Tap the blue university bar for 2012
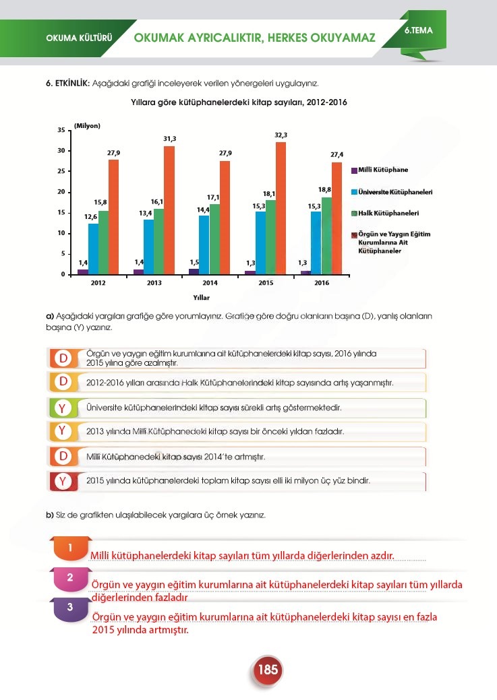tap(93, 248)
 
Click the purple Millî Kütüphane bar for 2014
tap(194, 272)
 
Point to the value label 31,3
tap(170, 139)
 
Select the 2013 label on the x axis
tap(154, 283)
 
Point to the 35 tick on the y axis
tap(61, 129)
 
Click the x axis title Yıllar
tap(201, 296)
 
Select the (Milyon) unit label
tap(87, 126)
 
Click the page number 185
tap(268, 670)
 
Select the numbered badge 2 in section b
tap(70, 577)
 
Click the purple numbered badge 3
tap(70, 607)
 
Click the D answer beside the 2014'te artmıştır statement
tap(62, 456)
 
